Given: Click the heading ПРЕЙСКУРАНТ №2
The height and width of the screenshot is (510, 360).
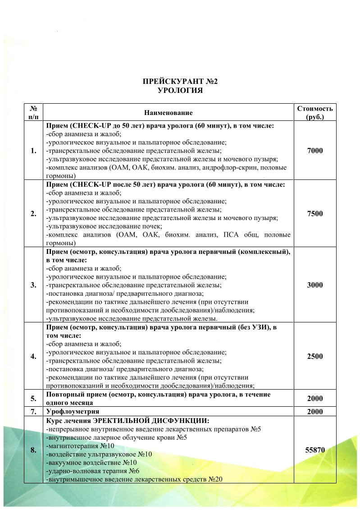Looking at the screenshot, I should [180, 82].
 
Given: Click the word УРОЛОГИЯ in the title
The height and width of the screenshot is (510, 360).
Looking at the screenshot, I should [180, 91].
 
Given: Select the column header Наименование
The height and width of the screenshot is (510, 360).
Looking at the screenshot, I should [169, 112].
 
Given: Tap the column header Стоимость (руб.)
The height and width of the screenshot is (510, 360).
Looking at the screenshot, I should [315, 112].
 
